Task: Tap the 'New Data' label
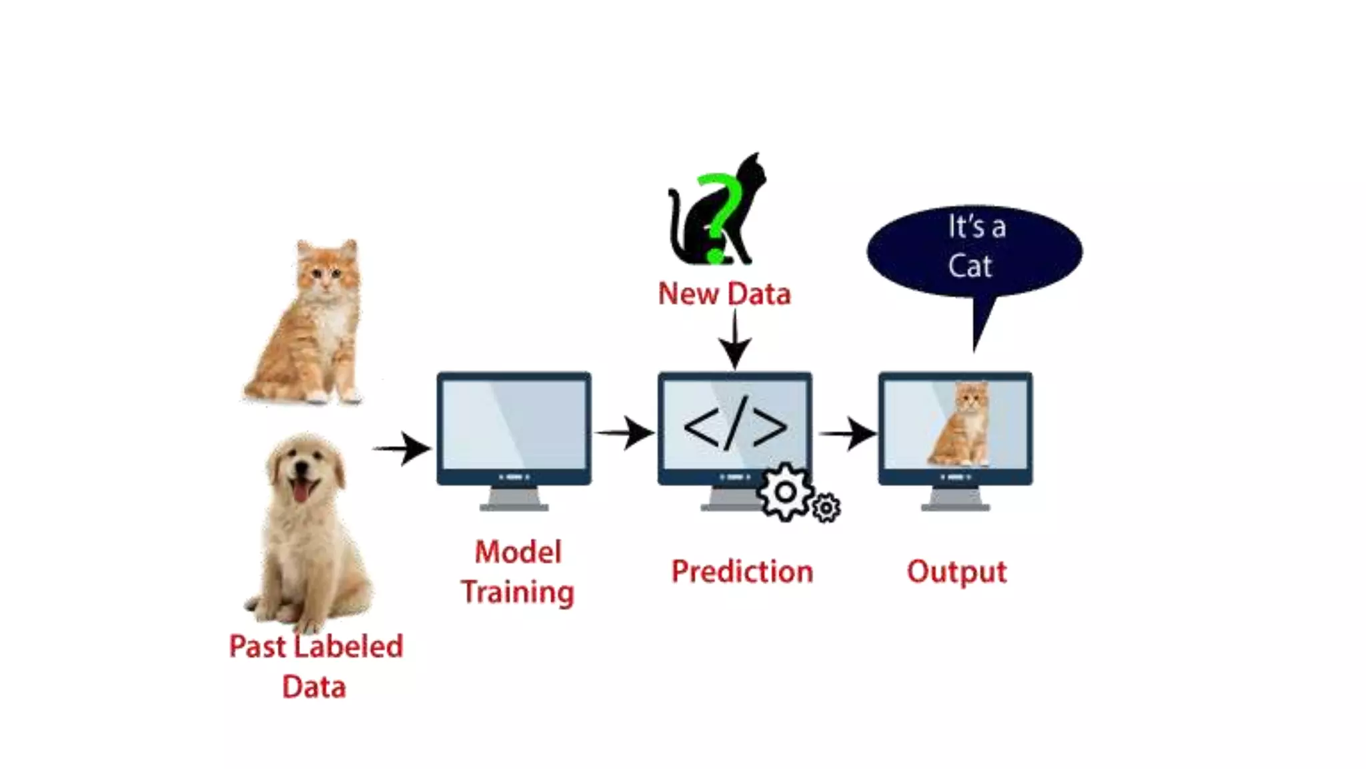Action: pyautogui.click(x=724, y=294)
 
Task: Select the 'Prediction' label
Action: pyautogui.click(x=742, y=571)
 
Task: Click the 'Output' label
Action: pyautogui.click(x=956, y=572)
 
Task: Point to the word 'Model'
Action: pyautogui.click(x=518, y=552)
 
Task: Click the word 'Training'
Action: pyautogui.click(x=518, y=592)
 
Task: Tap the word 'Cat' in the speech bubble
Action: pyautogui.click(x=970, y=266)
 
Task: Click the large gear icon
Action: pyautogui.click(x=785, y=493)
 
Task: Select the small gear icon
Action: pyautogui.click(x=826, y=508)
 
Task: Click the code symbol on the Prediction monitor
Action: pyautogui.click(x=735, y=426)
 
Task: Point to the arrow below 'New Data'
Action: pyautogui.click(x=734, y=340)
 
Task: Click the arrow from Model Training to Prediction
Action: pyautogui.click(x=624, y=433)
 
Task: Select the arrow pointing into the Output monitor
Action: pyautogui.click(x=848, y=434)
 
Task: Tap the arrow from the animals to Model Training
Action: pyautogui.click(x=402, y=449)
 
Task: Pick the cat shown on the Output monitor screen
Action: pyautogui.click(x=961, y=425)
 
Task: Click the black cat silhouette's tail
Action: pyautogui.click(x=674, y=220)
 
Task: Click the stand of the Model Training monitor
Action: pyautogui.click(x=514, y=499)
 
